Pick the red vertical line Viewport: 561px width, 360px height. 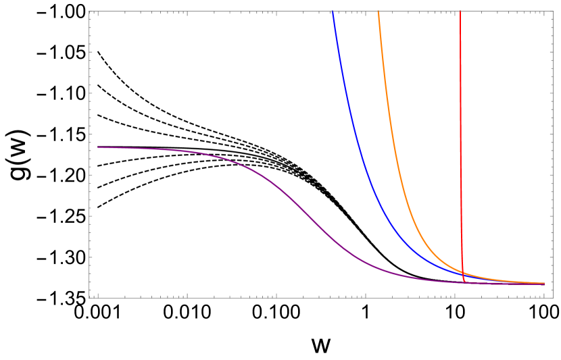(x=460, y=135)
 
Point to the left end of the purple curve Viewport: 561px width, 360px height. (x=98, y=147)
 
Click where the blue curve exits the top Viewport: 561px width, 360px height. (x=333, y=12)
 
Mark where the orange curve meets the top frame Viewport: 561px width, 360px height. (x=378, y=12)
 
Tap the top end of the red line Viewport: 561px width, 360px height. (x=460, y=12)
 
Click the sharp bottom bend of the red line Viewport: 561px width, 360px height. (x=464, y=280)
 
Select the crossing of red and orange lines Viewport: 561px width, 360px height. (x=462, y=272)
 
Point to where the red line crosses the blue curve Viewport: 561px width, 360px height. (x=463, y=276)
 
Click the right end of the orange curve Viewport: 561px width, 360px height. (x=544, y=283)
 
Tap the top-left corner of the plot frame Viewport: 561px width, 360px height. (x=89, y=11)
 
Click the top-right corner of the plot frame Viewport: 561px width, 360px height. (x=553, y=11)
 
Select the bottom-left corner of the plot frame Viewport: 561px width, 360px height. (x=89, y=297)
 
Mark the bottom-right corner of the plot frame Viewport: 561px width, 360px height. (x=553, y=297)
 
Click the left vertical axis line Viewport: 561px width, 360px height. (x=89, y=203)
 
